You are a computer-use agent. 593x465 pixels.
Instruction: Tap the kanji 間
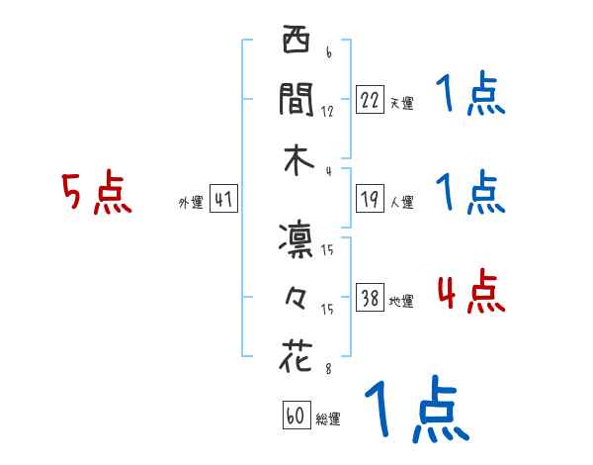click(296, 99)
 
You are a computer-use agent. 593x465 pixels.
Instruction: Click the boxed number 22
click(371, 100)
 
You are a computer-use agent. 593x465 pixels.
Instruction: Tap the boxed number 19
click(371, 199)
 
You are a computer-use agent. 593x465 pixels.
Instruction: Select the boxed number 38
click(371, 298)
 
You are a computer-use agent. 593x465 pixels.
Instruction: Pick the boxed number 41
click(223, 199)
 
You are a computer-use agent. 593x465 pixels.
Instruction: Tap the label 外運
click(191, 202)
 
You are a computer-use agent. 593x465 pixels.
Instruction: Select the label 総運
click(328, 418)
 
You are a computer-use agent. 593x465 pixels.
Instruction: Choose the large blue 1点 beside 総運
click(414, 412)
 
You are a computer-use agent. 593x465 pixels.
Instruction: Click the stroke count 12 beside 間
click(327, 111)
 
